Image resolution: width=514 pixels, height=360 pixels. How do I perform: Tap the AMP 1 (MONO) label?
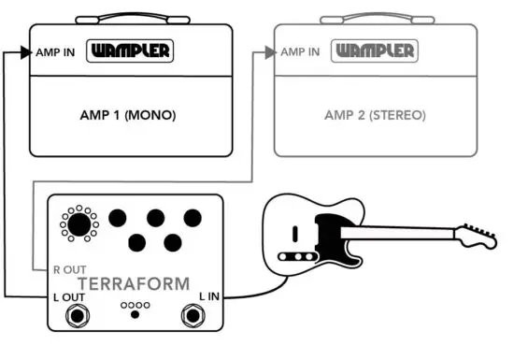tap(129, 116)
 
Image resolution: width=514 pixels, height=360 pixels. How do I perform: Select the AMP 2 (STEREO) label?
tap(374, 116)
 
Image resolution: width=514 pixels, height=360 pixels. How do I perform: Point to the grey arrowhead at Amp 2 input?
tap(269, 52)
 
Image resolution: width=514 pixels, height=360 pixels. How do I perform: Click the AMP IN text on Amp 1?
tap(54, 51)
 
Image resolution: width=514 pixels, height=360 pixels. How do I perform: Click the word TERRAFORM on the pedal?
tap(133, 282)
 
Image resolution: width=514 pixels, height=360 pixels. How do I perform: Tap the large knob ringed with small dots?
tap(79, 224)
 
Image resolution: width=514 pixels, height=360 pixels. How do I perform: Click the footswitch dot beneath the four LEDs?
tap(135, 314)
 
